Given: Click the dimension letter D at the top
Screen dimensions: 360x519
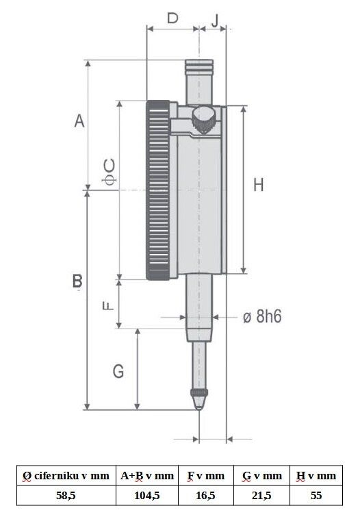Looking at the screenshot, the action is click(x=172, y=18).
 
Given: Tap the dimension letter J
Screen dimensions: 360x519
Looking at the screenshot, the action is click(x=216, y=20).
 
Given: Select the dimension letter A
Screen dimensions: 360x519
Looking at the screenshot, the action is click(x=79, y=121).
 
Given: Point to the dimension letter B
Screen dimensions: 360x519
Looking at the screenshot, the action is click(x=77, y=281).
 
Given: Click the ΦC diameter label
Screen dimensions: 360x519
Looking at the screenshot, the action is click(x=110, y=172).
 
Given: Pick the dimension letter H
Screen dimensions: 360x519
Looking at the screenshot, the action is click(x=259, y=185).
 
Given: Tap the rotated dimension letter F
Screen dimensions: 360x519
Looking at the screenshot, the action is click(x=108, y=305).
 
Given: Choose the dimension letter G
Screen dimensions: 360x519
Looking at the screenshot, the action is click(x=118, y=371).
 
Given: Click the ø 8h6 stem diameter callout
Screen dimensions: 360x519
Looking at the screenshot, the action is click(x=262, y=317).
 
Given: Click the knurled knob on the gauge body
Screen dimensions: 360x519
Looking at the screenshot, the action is click(x=204, y=120).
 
